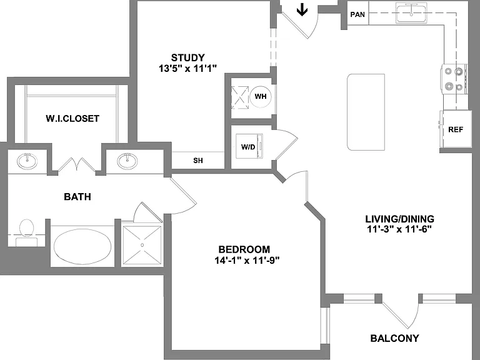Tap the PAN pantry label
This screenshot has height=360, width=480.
[357, 14]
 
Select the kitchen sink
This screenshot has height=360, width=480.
[411, 13]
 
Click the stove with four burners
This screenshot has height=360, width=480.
[454, 79]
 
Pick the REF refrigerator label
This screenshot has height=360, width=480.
[456, 129]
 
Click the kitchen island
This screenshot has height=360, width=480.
[366, 112]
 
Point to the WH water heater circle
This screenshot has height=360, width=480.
[261, 96]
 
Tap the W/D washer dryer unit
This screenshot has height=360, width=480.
[249, 146]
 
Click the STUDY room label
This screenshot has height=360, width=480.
[187, 57]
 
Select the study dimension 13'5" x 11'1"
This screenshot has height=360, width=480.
[187, 68]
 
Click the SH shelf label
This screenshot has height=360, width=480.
[198, 161]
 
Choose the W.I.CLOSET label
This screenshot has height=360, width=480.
[72, 119]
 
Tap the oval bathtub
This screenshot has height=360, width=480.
[82, 247]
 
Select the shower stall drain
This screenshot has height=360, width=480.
[142, 245]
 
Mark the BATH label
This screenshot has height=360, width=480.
[77, 196]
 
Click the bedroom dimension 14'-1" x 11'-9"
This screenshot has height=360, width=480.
[247, 261]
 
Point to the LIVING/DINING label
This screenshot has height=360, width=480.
[399, 219]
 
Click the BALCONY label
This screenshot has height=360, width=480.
[394, 338]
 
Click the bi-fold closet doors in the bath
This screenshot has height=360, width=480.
[77, 165]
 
